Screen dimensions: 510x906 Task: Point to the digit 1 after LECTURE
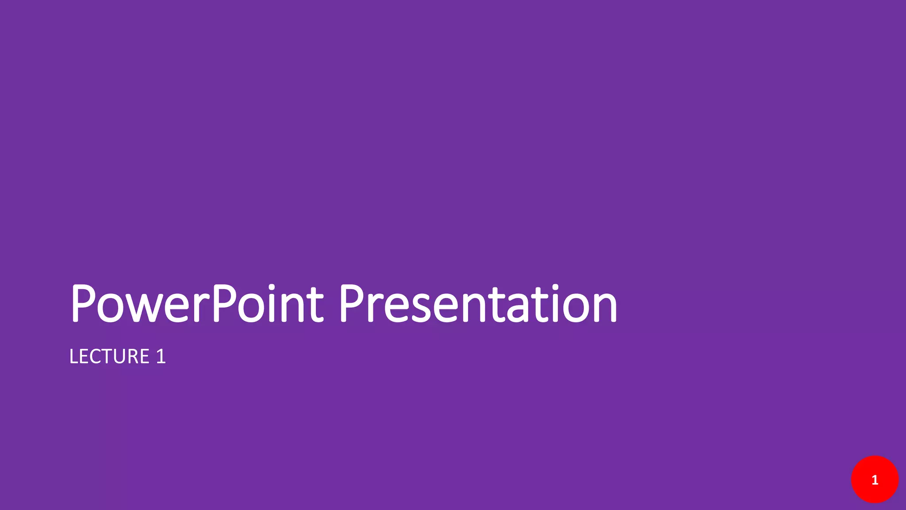click(x=161, y=357)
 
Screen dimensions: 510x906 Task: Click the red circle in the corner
click(x=875, y=479)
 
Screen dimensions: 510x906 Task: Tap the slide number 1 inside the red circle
click(x=875, y=480)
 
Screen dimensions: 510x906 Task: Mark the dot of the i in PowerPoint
click(x=272, y=287)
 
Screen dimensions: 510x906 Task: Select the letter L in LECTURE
click(x=74, y=357)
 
